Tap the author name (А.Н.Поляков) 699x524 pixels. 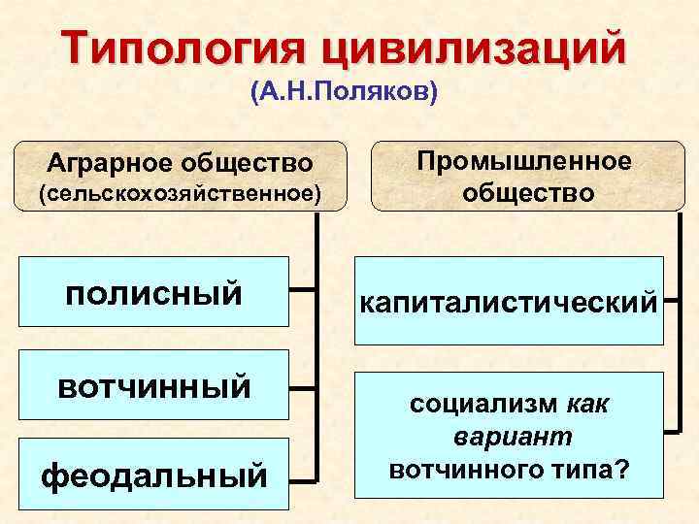pyautogui.click(x=346, y=95)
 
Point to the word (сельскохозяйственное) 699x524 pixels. pyautogui.click(x=179, y=193)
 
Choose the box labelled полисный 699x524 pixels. pyautogui.click(x=155, y=290)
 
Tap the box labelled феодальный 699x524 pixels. pyautogui.click(x=155, y=475)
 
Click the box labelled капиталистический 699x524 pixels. pyautogui.click(x=509, y=302)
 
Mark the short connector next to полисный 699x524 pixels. pyautogui.click(x=303, y=289)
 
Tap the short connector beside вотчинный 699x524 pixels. pyautogui.click(x=303, y=388)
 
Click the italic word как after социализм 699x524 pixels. pyautogui.click(x=586, y=404)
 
